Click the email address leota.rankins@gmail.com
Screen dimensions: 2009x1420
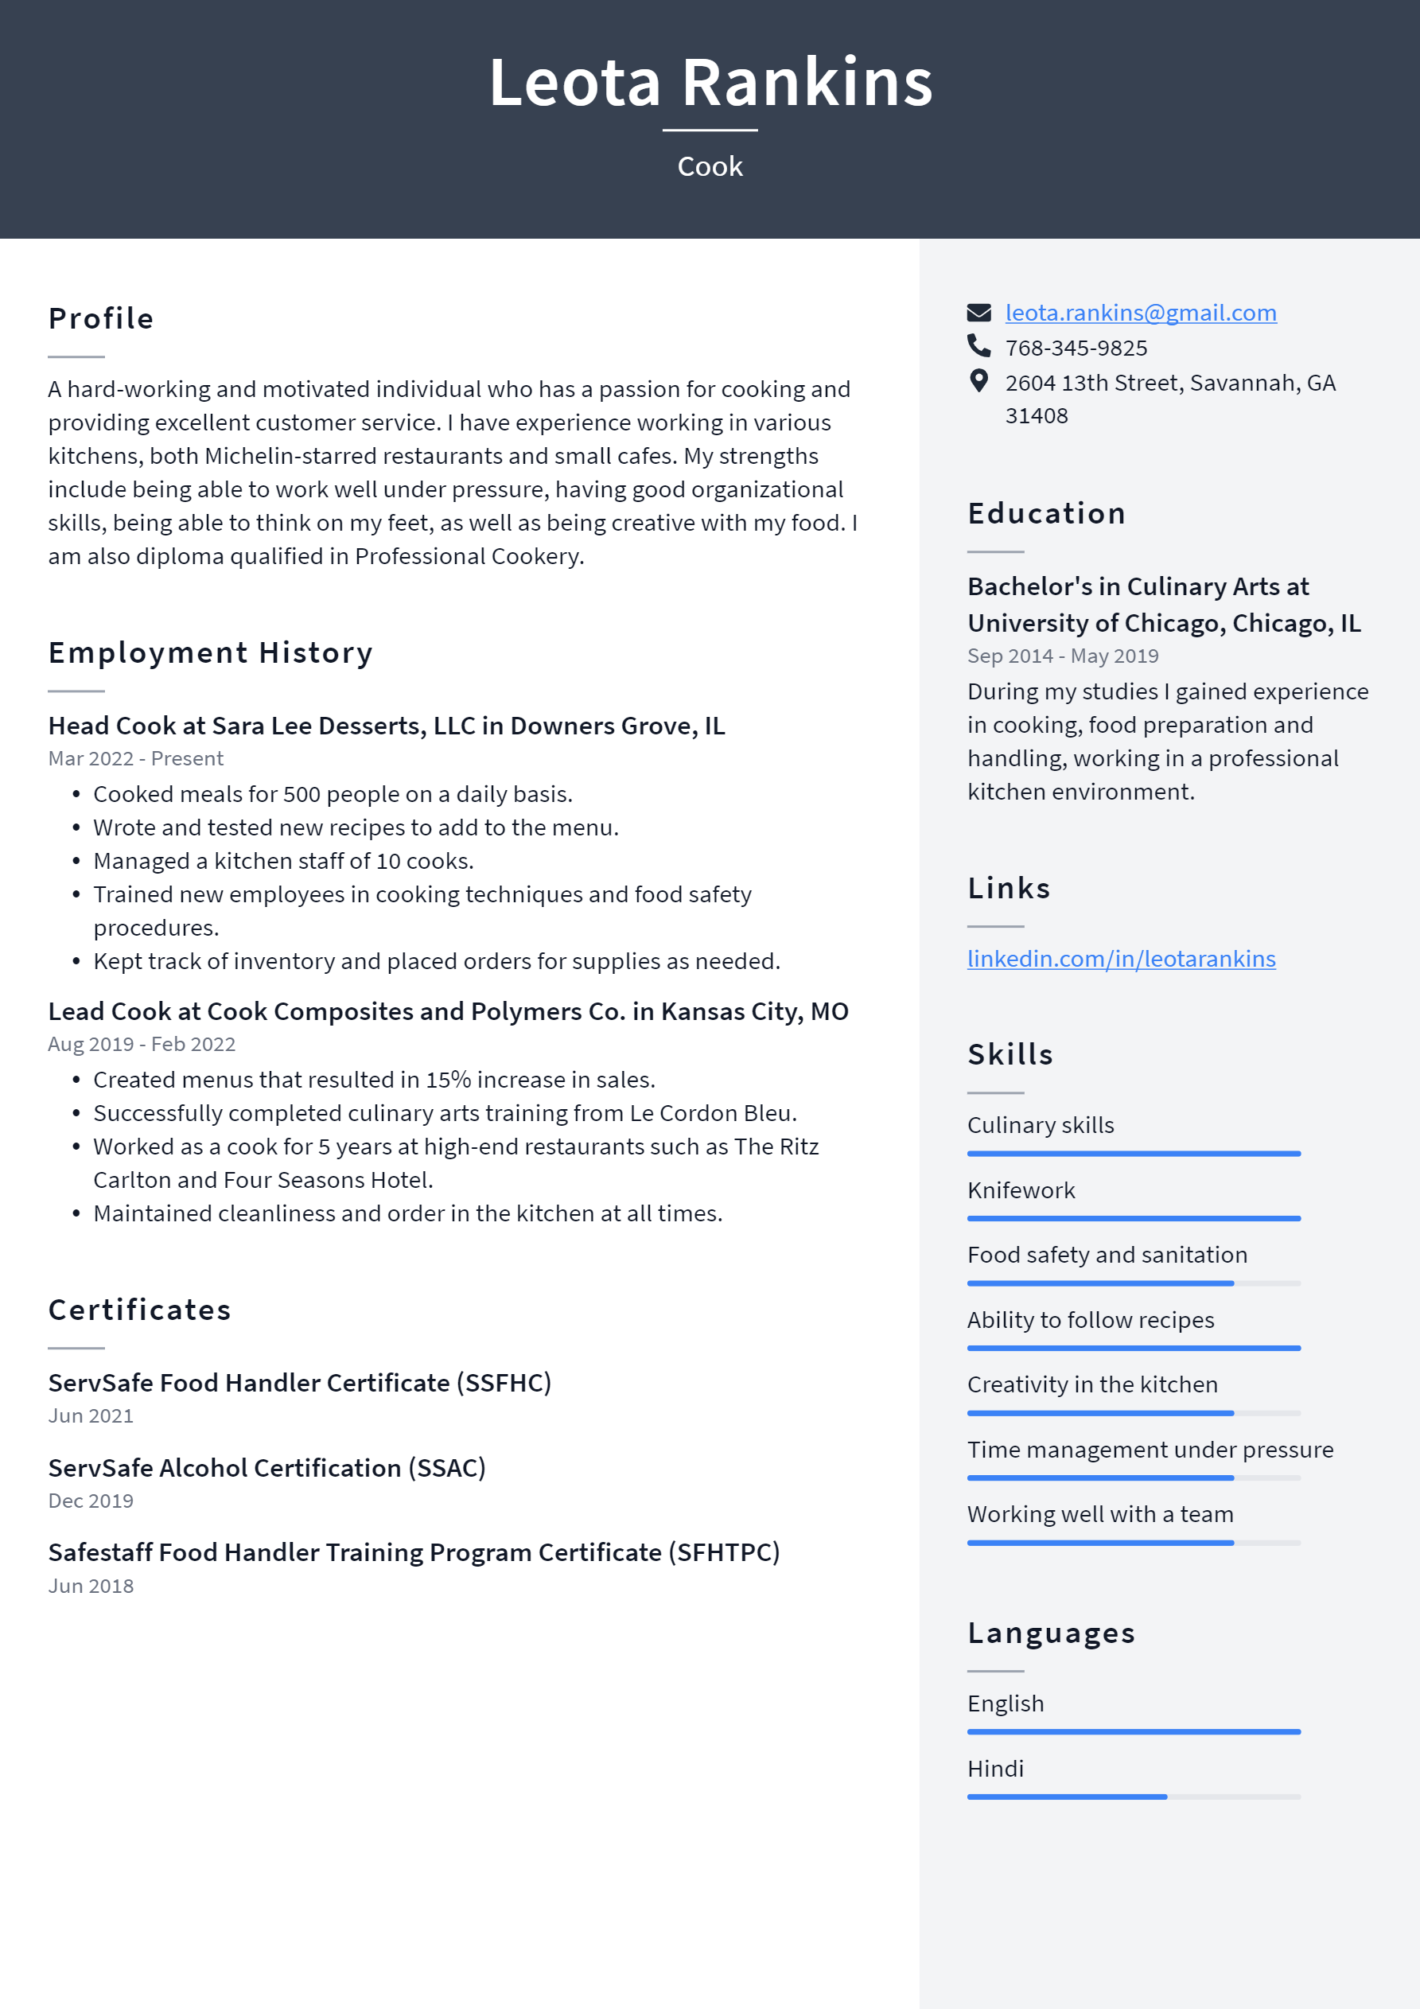coord(1140,313)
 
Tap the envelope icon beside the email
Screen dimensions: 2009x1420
coord(978,313)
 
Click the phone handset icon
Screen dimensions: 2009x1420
coord(978,346)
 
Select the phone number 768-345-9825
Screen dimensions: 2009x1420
coord(1076,348)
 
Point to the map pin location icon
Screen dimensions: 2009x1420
coord(978,380)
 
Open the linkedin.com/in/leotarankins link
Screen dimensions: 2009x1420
coord(1121,959)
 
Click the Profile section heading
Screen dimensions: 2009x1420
coord(100,318)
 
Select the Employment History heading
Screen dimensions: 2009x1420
coord(210,652)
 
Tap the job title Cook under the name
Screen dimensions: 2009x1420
coord(710,166)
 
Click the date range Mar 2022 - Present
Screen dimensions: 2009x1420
coord(135,758)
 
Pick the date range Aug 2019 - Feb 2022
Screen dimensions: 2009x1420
coord(142,1044)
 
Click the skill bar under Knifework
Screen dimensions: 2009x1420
coord(1133,1218)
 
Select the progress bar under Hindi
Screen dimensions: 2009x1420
coord(1133,1797)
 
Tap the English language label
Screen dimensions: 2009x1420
coord(1006,1703)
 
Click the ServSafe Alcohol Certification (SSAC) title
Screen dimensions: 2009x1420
coord(266,1467)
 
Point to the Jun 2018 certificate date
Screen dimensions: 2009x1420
coord(91,1586)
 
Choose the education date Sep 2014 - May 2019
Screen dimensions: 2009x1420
coord(1062,656)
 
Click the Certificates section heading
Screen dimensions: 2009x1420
coord(139,1310)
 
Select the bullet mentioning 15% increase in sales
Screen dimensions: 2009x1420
coord(374,1080)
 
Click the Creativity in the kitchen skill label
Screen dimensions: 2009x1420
coord(1092,1384)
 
